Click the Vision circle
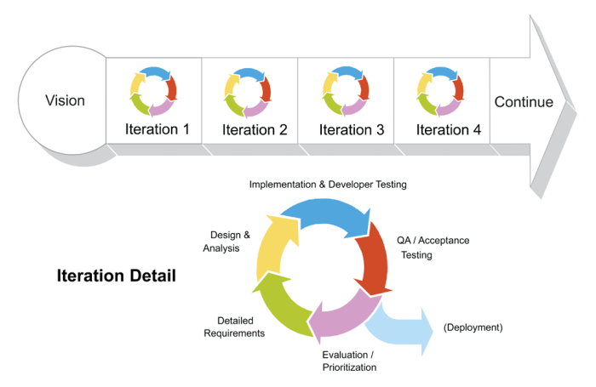click(65, 101)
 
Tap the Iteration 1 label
click(158, 130)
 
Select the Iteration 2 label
click(255, 130)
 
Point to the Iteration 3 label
click(352, 130)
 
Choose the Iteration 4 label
click(449, 130)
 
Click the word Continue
click(524, 103)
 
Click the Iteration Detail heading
click(116, 276)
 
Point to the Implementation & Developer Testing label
click(328, 184)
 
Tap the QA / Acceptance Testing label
click(433, 248)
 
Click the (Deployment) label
click(473, 327)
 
